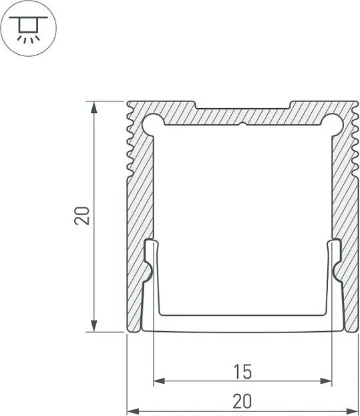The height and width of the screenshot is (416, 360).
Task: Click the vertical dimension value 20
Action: (82, 216)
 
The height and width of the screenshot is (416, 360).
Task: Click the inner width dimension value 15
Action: (242, 372)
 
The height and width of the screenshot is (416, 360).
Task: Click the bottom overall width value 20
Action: (242, 401)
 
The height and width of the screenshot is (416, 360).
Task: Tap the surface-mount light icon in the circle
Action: (29, 29)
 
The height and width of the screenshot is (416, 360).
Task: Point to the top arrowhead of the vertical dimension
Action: (94, 108)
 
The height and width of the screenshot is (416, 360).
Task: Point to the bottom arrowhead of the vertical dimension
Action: (94, 326)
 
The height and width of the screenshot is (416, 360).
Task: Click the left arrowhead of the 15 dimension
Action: (160, 381)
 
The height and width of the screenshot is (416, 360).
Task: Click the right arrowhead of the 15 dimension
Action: (326, 381)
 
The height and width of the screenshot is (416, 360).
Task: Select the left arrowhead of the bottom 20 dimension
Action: (133, 411)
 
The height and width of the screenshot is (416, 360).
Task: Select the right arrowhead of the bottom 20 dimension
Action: (353, 411)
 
